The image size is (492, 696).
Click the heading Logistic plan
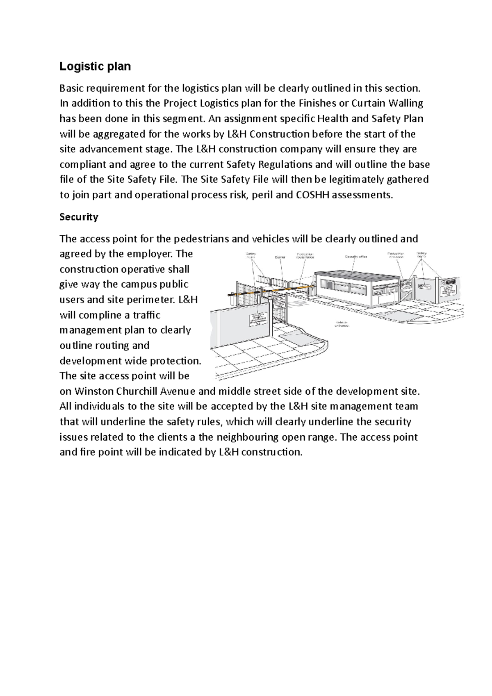pyautogui.click(x=95, y=66)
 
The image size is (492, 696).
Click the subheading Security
pyautogui.click(x=79, y=217)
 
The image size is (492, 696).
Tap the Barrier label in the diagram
pyautogui.click(x=280, y=257)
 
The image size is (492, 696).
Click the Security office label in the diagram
pyautogui.click(x=356, y=257)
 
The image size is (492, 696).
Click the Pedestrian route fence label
pyautogui.click(x=305, y=256)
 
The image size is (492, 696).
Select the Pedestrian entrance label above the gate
pyautogui.click(x=396, y=255)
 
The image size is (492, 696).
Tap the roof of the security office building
pyautogui.click(x=357, y=274)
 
